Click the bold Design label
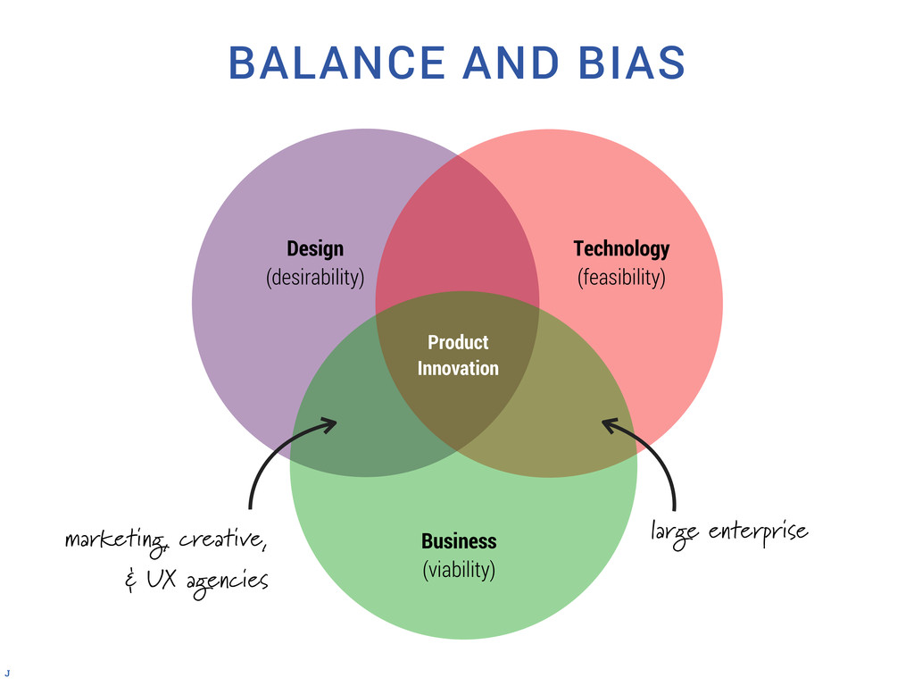(314, 248)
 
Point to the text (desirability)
(315, 277)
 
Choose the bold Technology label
(621, 248)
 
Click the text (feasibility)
(621, 277)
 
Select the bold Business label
(459, 541)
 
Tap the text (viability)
(459, 569)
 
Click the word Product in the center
(458, 342)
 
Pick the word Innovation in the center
(458, 368)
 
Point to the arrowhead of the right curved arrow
(609, 424)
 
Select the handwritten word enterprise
(758, 533)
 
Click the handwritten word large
(676, 534)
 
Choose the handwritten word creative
(220, 540)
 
